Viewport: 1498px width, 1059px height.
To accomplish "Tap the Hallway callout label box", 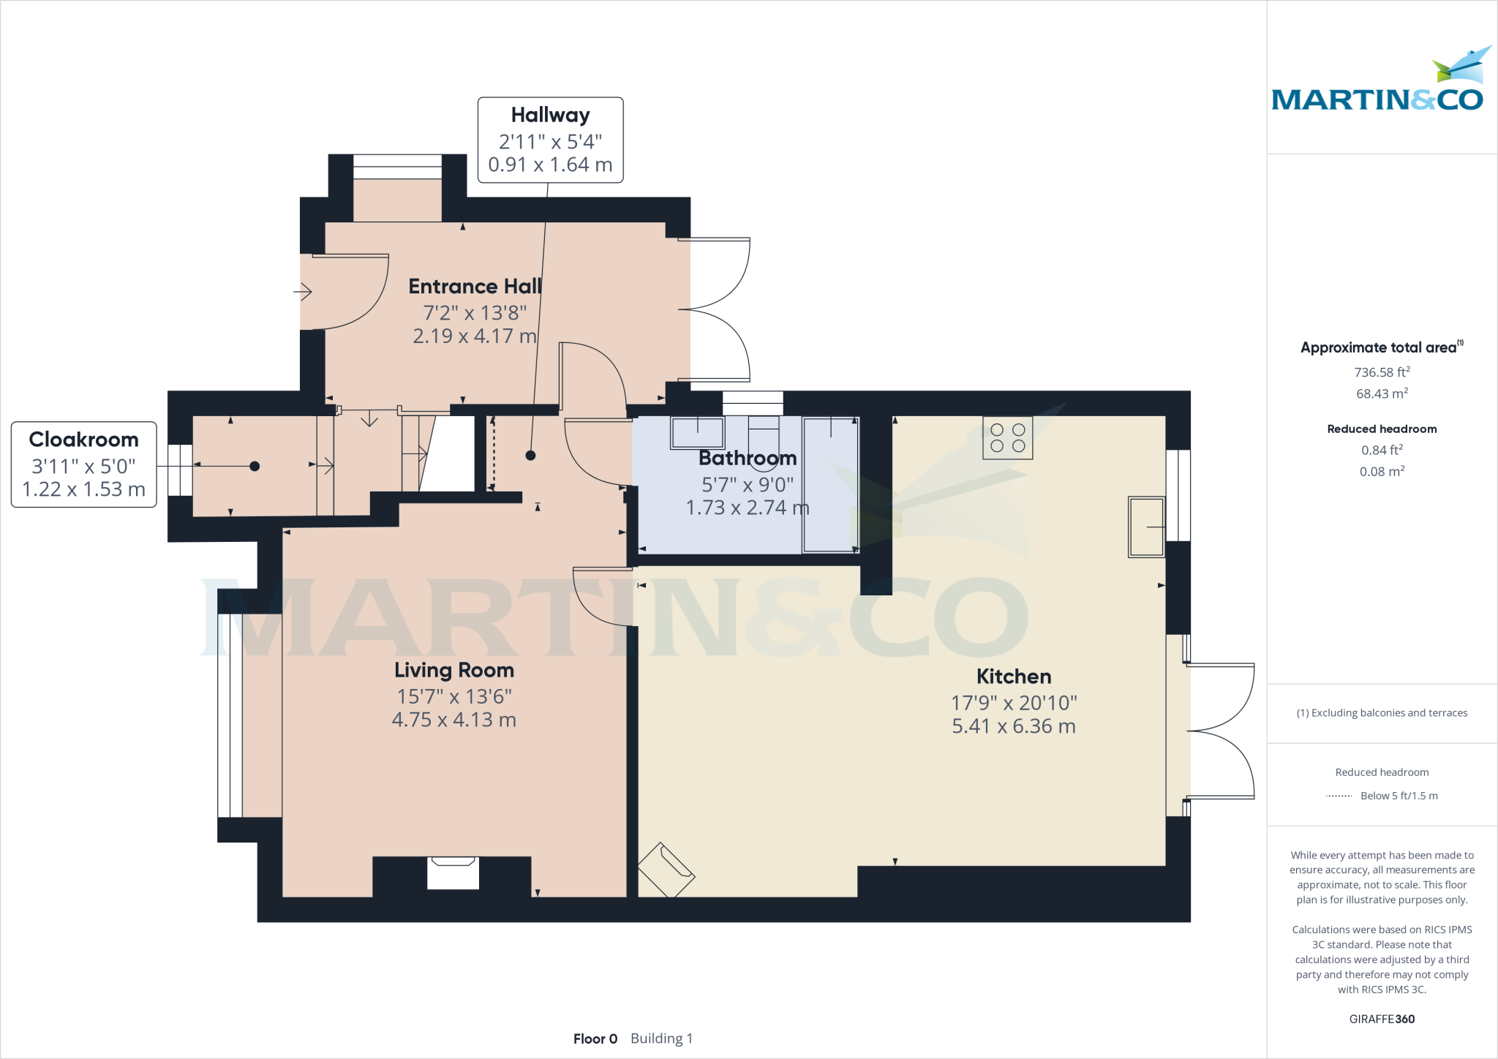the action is (550, 140).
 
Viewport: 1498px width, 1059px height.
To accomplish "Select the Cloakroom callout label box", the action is (84, 464).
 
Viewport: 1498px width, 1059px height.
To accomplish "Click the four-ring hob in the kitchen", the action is (1008, 437).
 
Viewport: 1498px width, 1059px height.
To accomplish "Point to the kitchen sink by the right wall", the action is (1147, 527).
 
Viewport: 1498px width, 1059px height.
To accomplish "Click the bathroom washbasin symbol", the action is (698, 432).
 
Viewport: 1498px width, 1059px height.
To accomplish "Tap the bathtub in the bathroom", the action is (831, 485).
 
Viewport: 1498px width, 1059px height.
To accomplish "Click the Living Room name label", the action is (454, 670).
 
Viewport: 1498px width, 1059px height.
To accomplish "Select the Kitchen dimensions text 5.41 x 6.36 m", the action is (1014, 726).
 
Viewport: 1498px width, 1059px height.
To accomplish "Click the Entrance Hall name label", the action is (475, 286).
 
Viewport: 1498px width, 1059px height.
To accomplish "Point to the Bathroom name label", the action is (748, 458).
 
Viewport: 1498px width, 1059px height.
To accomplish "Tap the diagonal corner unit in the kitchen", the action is (666, 870).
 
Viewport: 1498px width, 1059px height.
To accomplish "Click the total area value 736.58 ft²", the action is (1382, 372).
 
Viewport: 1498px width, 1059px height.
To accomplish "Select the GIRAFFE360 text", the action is (1382, 1019).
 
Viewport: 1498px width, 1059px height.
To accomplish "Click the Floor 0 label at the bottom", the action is (595, 1039).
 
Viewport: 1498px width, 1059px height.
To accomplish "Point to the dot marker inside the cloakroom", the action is (255, 466).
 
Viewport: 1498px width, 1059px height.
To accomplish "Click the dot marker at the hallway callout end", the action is (531, 456).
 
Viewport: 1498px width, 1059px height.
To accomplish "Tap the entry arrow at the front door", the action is (303, 292).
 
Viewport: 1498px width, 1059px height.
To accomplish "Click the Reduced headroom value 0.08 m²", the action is (1382, 471).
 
